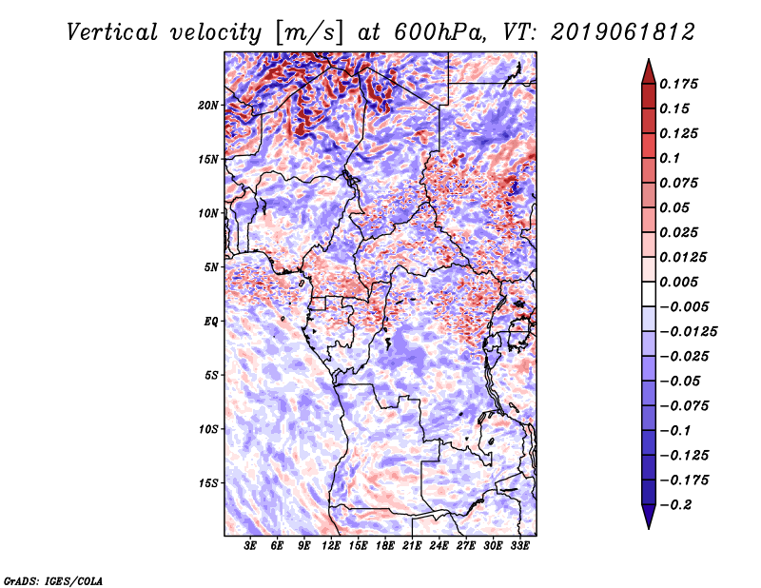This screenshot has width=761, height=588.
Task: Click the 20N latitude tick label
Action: (208, 106)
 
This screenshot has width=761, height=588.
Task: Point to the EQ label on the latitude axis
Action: (210, 322)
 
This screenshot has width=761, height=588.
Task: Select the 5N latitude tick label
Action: (211, 267)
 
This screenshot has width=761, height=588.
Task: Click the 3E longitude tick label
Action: (250, 546)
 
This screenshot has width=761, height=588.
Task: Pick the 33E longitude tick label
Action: (519, 546)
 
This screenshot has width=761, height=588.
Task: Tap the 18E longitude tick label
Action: (385, 546)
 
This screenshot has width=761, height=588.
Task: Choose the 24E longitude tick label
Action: (439, 546)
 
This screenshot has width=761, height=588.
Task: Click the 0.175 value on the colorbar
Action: (678, 84)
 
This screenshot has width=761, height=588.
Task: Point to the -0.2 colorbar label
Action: (675, 505)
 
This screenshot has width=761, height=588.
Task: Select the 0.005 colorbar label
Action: (678, 282)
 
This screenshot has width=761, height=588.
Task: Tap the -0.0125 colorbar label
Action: (688, 332)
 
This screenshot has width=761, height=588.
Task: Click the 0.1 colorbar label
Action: (670, 158)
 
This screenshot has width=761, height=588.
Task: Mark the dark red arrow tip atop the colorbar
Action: (649, 59)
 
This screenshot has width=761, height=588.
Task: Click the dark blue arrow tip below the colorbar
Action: (649, 527)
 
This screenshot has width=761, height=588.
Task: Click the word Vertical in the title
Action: (112, 32)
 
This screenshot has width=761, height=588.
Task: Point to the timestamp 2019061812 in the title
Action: (623, 32)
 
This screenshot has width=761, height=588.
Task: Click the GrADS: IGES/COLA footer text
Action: (53, 580)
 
